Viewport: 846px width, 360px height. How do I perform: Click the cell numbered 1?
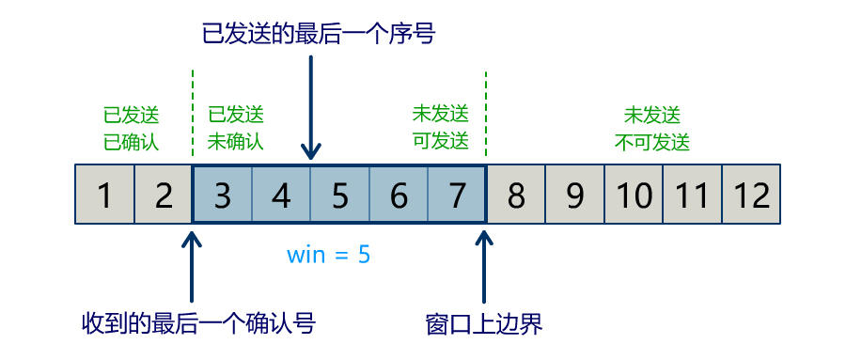pos(104,195)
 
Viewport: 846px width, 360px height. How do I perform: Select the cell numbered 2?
pos(164,195)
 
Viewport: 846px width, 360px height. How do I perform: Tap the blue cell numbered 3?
pos(223,195)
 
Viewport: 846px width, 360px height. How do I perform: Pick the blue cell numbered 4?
pos(281,195)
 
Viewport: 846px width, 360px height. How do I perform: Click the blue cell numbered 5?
pos(340,195)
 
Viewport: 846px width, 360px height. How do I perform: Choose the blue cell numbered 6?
pos(399,195)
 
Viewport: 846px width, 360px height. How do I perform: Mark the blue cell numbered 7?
pos(457,195)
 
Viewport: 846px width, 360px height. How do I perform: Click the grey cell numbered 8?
pos(516,195)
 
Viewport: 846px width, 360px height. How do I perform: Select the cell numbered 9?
pos(575,195)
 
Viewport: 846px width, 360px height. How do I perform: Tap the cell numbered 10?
pos(634,195)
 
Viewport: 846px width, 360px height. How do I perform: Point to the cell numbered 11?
pos(693,195)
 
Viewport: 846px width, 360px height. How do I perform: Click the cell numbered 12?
pos(751,195)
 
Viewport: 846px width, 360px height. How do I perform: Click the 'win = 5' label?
pos(329,254)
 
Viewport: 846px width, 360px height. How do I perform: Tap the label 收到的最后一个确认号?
pos(198,324)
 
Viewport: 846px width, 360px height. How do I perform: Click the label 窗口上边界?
pos(484,324)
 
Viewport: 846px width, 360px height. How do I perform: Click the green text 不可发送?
pos(652,142)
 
